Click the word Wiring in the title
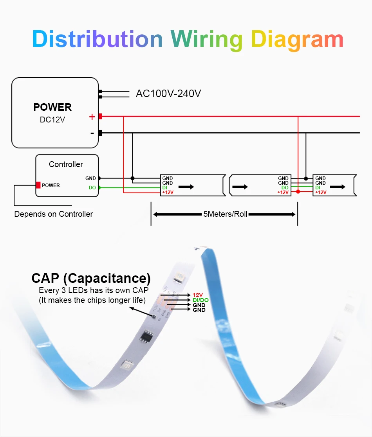[206, 40]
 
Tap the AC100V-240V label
[168, 94]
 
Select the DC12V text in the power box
[52, 120]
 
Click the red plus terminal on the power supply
[100, 117]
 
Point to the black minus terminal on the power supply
[100, 133]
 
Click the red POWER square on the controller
[38, 185]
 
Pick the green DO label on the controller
[92, 187]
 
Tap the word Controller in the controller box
[66, 164]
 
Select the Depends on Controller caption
[54, 214]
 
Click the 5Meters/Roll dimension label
[225, 214]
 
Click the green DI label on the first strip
[164, 187]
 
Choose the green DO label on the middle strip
[285, 187]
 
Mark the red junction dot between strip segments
[298, 192]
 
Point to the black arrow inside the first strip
[186, 187]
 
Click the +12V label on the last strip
[321, 192]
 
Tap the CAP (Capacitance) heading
[91, 278]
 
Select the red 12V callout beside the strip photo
[198, 295]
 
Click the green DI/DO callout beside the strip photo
[200, 300]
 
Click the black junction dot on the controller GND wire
[132, 178]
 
